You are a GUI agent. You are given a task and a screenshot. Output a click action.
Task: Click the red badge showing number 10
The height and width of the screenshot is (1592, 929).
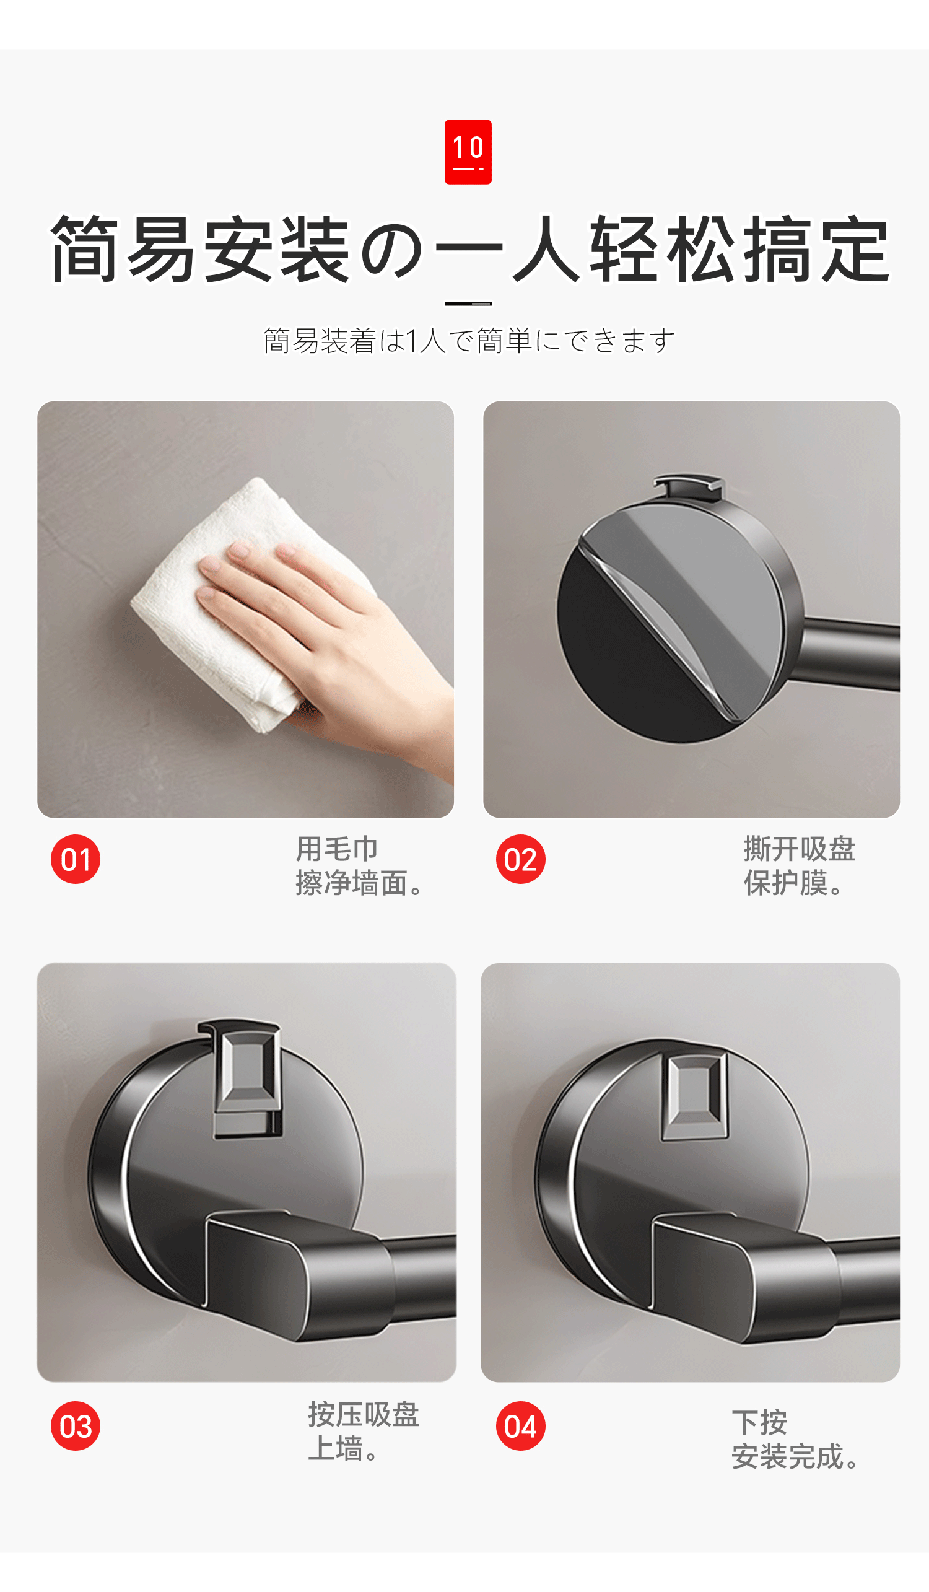click(x=468, y=152)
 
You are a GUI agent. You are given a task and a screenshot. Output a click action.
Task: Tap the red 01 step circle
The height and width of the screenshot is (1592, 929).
click(x=76, y=859)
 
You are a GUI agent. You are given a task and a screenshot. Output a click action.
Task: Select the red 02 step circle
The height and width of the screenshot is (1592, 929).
click(x=521, y=859)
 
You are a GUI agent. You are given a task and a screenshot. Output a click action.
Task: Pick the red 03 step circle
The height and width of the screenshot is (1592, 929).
click(x=76, y=1426)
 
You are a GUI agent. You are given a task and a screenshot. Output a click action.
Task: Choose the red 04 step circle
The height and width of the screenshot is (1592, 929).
click(x=521, y=1426)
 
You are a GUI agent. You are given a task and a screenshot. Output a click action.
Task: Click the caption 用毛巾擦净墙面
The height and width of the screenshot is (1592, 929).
click(x=359, y=866)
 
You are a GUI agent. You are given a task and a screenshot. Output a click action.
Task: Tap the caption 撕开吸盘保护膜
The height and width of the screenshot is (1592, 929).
click(x=800, y=866)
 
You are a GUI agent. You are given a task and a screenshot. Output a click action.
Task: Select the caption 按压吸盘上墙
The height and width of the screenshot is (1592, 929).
click(x=363, y=1431)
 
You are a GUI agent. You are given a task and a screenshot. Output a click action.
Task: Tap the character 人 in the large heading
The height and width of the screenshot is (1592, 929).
click(x=546, y=248)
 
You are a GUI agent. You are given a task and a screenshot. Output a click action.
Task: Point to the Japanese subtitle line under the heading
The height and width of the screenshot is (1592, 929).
click(x=469, y=341)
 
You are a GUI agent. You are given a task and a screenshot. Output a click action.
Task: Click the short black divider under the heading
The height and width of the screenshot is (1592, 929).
click(x=468, y=304)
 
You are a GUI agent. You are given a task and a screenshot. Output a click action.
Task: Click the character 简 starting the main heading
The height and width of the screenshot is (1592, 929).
click(x=84, y=248)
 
